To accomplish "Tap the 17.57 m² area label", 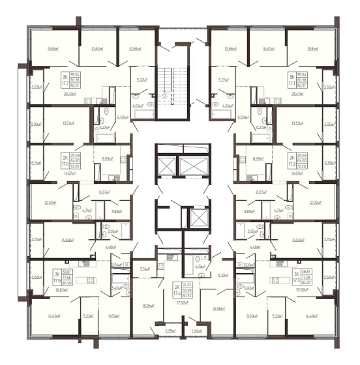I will [x=182, y=302].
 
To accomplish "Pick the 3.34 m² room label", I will [x=145, y=268].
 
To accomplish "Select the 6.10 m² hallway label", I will [x=222, y=275].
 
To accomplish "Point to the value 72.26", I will [x=302, y=167].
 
